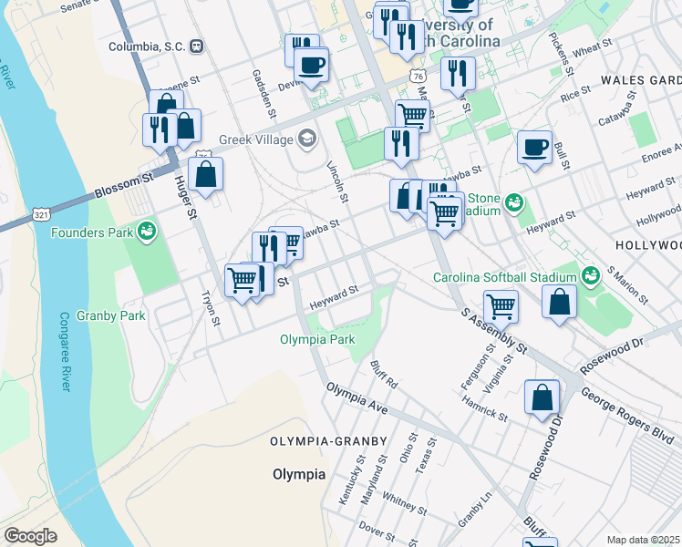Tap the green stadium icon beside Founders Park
145,232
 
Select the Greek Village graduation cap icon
307,139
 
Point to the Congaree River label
65,352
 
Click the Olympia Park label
316,340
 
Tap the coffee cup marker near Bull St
534,146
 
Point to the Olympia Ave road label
357,399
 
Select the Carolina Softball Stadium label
504,277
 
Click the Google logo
30,536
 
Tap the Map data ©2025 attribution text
644,540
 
